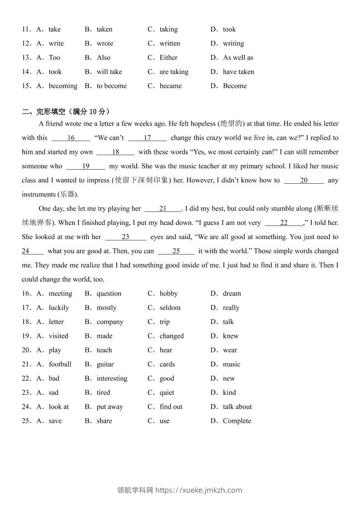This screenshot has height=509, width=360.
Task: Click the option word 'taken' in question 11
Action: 104,29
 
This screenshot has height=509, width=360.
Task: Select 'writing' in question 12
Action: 233,44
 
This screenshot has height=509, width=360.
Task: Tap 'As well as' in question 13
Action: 238,58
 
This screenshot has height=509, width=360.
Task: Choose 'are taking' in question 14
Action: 174,72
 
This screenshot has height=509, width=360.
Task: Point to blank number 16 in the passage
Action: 71,138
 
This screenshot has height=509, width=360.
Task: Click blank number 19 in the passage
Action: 85,166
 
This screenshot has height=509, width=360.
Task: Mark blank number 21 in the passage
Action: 163,209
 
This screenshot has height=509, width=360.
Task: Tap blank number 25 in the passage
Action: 176,251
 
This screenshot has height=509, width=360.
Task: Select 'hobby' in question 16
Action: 168,294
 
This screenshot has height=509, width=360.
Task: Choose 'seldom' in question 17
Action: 170,308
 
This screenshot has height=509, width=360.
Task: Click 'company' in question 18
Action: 110,322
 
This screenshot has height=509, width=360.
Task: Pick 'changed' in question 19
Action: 172,336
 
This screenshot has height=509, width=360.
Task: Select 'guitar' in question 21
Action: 105,364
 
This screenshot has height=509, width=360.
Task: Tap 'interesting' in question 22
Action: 112,378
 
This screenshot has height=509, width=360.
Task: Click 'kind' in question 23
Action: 229,392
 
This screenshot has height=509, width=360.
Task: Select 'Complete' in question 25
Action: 237,421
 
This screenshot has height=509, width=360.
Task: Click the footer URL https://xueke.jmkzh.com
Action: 199,490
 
